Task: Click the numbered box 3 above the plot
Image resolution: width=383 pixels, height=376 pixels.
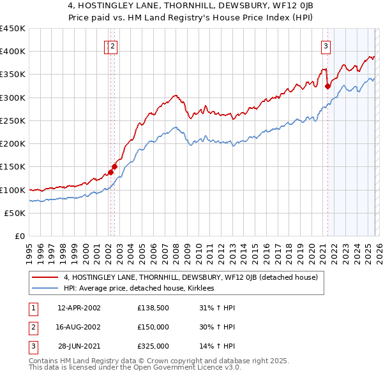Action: point(326,45)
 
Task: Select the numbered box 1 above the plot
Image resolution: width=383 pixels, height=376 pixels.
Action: point(108,45)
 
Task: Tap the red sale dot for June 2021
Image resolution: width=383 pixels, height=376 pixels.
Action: point(327,86)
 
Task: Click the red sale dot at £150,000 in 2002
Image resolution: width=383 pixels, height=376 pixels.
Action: point(114,166)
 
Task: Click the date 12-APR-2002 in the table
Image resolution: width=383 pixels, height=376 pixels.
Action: point(79,308)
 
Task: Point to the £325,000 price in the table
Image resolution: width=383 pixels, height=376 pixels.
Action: point(153,346)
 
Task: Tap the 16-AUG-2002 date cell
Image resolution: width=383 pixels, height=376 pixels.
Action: point(79,327)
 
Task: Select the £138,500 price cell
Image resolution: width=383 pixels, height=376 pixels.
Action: point(153,308)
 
